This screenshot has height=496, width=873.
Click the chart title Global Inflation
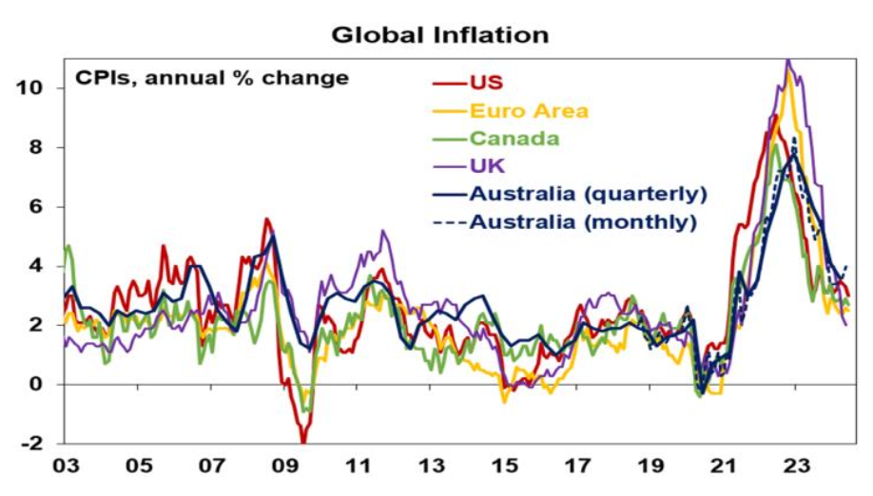pyautogui.click(x=439, y=35)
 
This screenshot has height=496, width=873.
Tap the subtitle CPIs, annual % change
pyautogui.click(x=212, y=78)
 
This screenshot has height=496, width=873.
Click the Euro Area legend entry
pyautogui.click(x=529, y=111)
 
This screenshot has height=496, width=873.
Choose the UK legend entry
pyautogui.click(x=485, y=166)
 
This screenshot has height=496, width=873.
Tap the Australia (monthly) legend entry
pyautogui.click(x=583, y=222)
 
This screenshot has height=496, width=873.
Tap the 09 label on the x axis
pyautogui.click(x=284, y=467)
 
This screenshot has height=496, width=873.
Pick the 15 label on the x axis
pyautogui.click(x=505, y=467)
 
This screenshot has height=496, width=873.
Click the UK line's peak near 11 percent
pyautogui.click(x=787, y=62)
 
